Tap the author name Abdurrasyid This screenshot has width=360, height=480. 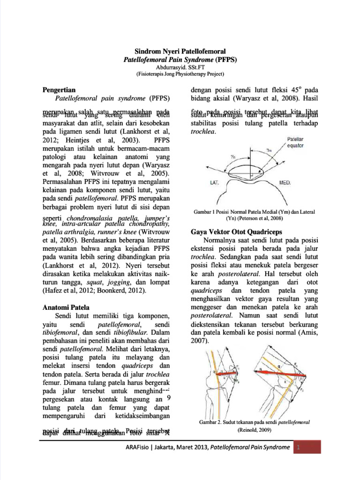click(x=166, y=67)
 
